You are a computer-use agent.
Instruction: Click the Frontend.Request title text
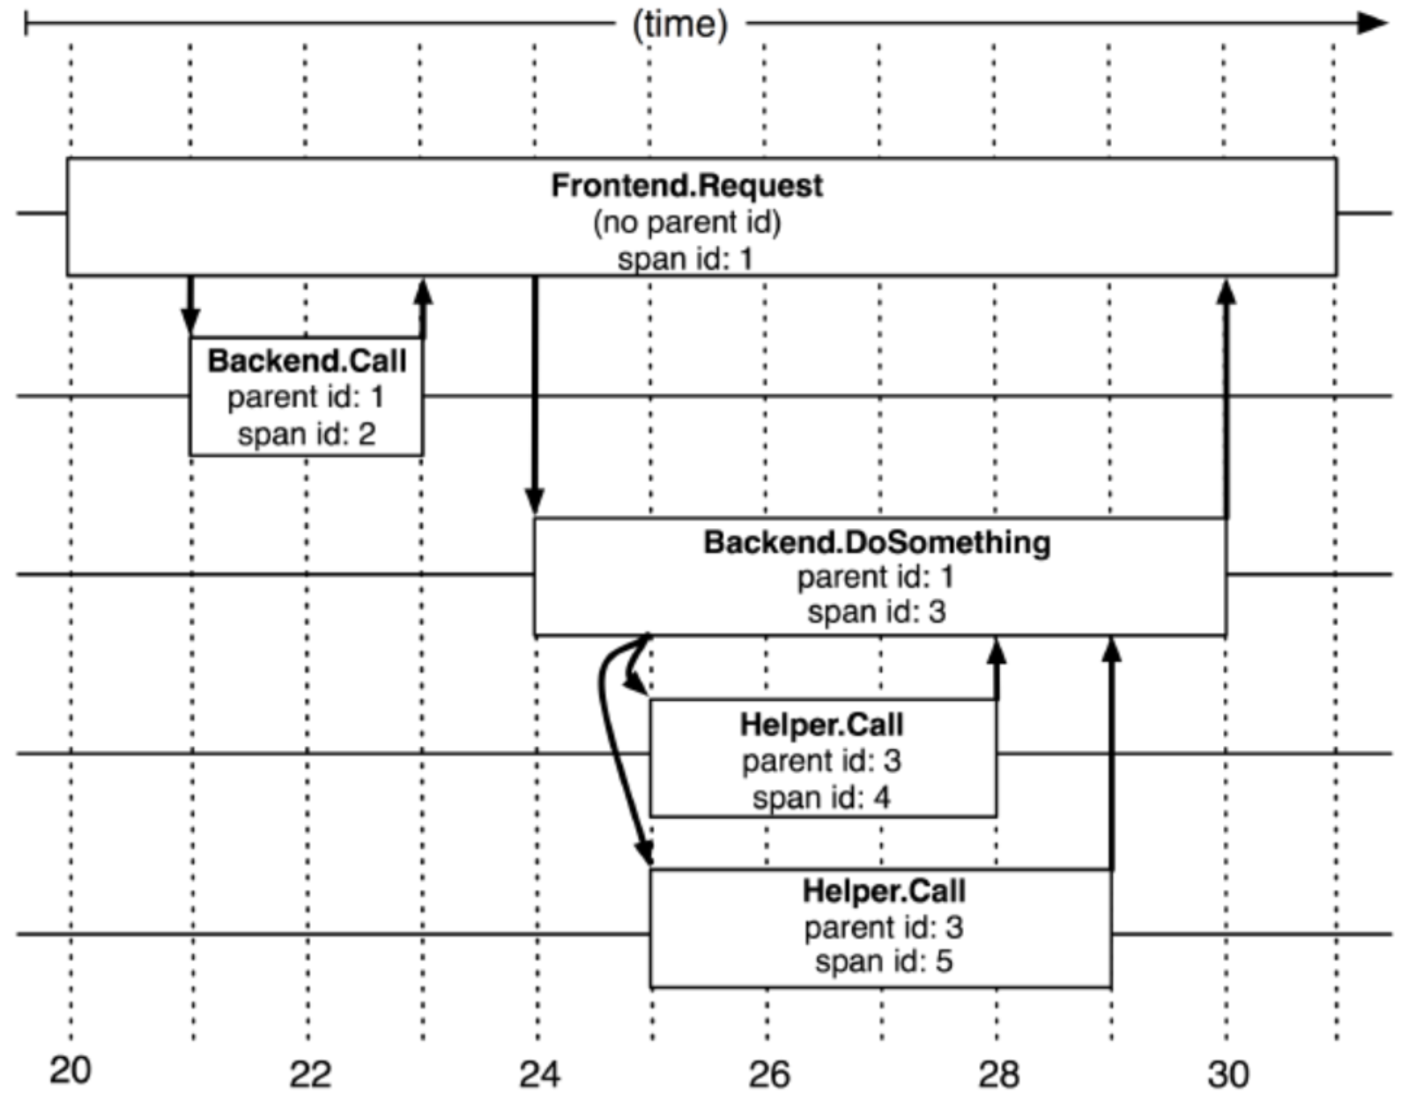[687, 186]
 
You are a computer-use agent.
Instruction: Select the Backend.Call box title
[307, 361]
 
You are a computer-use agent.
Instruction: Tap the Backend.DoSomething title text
[877, 541]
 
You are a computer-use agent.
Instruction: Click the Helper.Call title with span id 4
[821, 725]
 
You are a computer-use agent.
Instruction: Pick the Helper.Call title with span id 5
[884, 891]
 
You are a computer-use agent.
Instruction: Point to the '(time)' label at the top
[680, 24]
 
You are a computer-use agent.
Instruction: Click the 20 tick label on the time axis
[70, 1070]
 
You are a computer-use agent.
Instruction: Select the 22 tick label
[310, 1075]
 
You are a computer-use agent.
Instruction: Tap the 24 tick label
[539, 1075]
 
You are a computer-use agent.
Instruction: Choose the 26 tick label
[769, 1075]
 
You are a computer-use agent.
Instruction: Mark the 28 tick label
[998, 1075]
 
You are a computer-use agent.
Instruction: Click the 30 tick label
[1228, 1075]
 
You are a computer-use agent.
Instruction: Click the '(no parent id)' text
[687, 222]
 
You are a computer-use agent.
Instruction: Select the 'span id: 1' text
[686, 259]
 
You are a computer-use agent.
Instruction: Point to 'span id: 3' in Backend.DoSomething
[877, 612]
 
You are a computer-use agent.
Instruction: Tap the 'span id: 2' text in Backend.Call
[307, 434]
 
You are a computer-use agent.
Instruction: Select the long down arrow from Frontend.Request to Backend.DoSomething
[535, 397]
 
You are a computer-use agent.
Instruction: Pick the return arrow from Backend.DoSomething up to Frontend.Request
[1226, 397]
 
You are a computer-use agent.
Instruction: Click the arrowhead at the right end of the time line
[1373, 23]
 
